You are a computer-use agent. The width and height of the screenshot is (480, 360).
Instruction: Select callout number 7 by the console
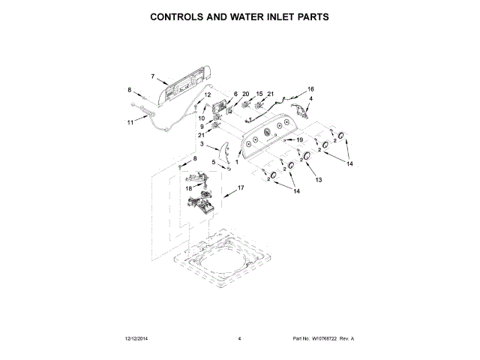coord(152,76)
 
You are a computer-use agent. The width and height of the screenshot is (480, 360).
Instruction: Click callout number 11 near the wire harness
coord(129,121)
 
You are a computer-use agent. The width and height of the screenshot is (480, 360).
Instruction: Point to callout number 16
coord(311,90)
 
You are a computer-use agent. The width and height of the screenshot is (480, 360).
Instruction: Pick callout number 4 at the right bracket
coord(311,99)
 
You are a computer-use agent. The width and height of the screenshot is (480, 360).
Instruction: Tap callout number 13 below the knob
coord(317,181)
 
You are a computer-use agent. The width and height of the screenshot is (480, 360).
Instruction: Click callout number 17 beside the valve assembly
coord(241,187)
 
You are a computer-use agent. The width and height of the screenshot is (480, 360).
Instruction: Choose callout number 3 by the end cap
coord(202,144)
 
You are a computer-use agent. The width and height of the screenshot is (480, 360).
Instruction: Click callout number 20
coord(245,94)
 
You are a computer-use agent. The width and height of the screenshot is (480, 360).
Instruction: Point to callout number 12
coord(208,95)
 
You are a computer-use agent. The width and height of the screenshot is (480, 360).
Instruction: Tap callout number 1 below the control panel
coord(238,162)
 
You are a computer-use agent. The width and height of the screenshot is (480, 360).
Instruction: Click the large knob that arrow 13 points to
coord(306,157)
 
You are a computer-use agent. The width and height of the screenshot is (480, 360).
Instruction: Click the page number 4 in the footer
coord(239,339)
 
